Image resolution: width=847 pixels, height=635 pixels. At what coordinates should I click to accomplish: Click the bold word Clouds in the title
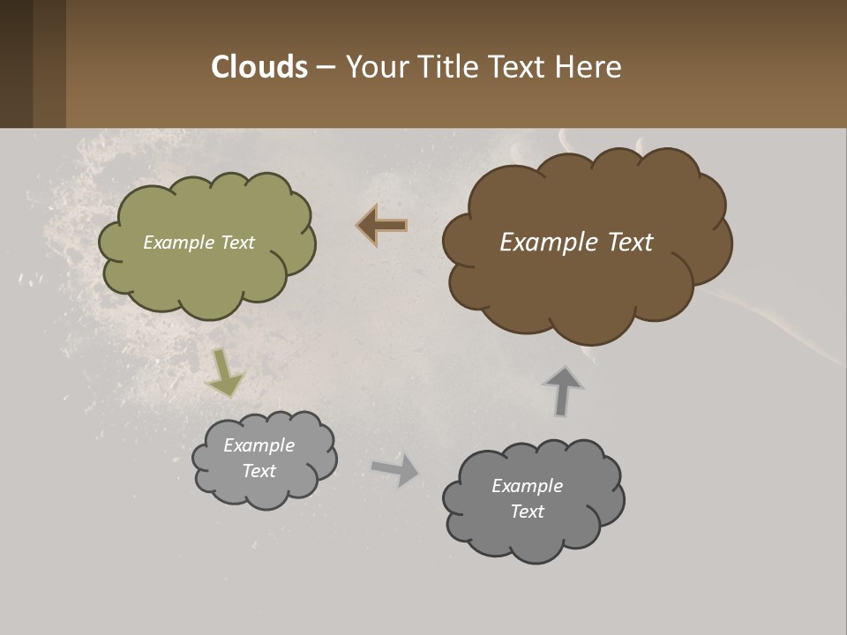(x=259, y=67)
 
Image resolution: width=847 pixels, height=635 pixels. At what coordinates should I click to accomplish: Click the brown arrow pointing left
(x=381, y=226)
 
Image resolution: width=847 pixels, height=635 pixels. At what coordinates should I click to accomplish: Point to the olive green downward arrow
(x=225, y=374)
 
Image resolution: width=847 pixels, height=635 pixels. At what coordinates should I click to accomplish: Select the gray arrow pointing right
(x=395, y=469)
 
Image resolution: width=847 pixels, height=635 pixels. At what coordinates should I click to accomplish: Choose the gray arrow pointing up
(x=563, y=390)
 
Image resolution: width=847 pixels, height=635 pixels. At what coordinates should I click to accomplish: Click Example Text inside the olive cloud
(x=199, y=243)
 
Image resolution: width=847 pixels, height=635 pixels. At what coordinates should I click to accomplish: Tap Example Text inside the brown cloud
(x=576, y=243)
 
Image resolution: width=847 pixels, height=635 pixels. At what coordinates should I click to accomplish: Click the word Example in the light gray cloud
(x=259, y=445)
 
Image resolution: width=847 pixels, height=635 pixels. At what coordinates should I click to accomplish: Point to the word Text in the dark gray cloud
(x=527, y=512)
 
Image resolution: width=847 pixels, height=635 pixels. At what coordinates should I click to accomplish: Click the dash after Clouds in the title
(x=325, y=68)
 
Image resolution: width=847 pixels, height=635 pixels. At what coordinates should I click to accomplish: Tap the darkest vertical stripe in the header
(x=16, y=63)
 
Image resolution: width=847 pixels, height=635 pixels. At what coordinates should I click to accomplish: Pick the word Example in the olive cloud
(x=177, y=243)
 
